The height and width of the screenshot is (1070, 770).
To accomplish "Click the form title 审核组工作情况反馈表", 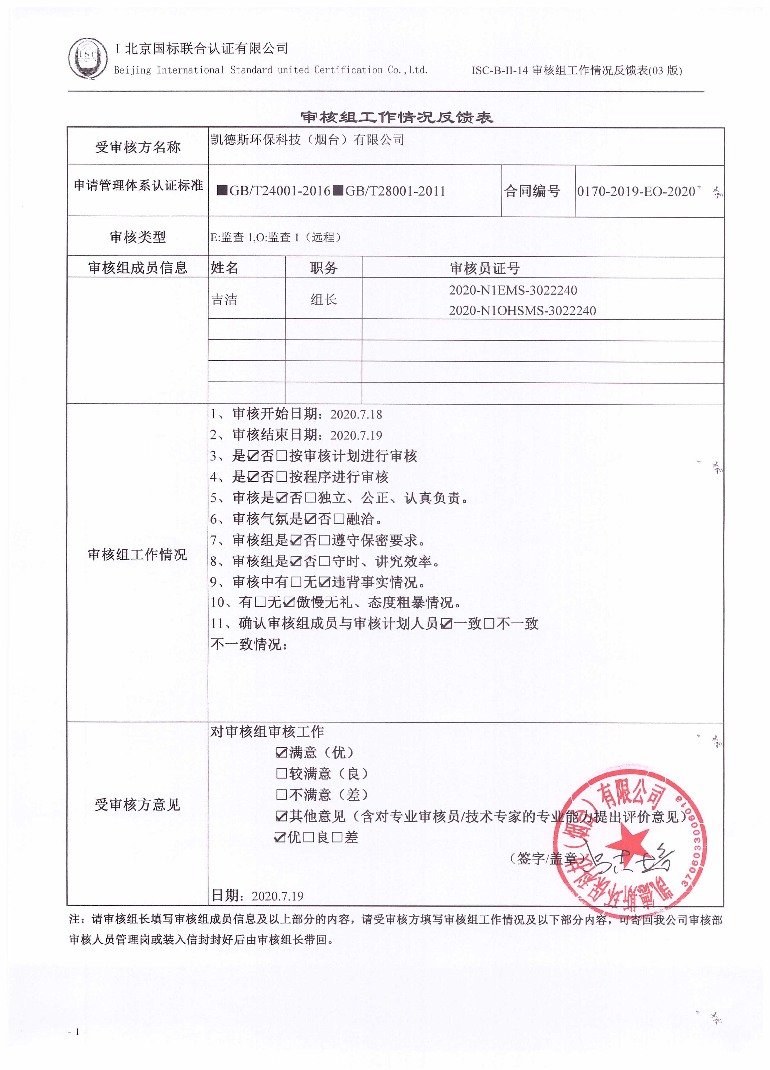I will point(397,117).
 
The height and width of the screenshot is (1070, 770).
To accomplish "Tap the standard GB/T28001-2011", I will point(395,191).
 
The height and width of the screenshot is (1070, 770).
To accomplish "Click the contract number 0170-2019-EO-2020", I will point(636,191).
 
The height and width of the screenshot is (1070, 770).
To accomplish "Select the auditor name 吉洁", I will point(224,299).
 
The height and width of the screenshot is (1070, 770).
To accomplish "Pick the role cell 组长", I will point(324,299).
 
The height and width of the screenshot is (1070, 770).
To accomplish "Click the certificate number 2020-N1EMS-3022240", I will point(513,290).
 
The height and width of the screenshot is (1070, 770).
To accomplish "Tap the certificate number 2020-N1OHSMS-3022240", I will point(522,310).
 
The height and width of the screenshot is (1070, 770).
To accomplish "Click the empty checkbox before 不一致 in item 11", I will point(489,624).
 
